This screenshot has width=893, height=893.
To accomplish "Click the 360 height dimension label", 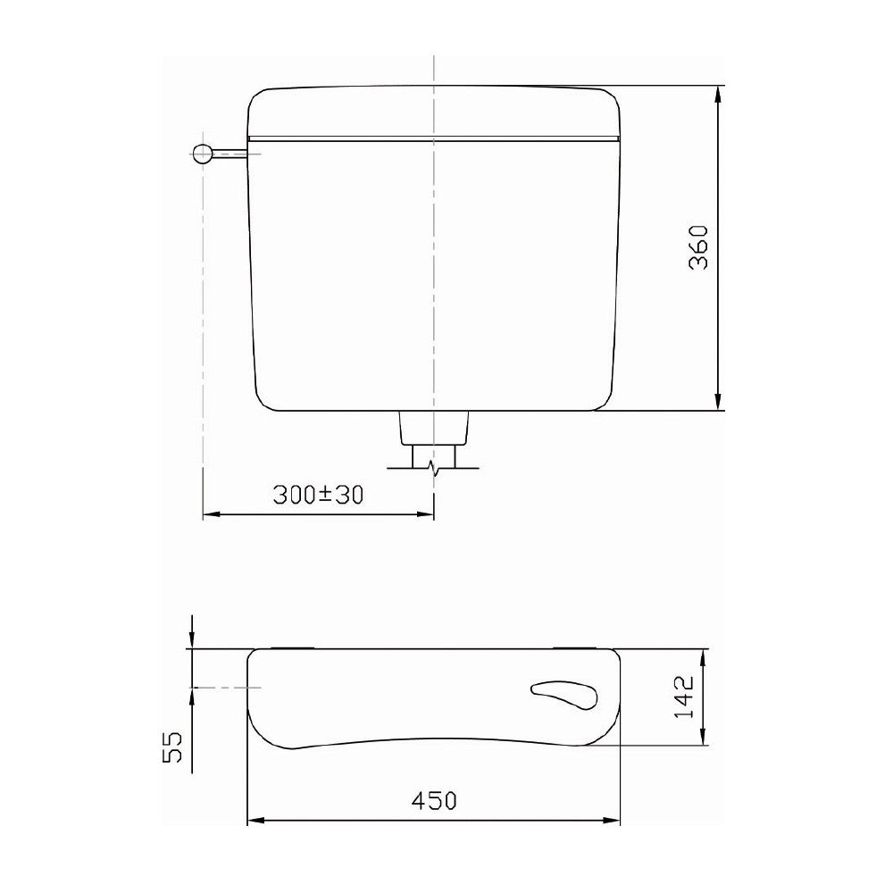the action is pyautogui.click(x=698, y=247).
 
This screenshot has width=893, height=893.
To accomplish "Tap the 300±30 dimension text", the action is pyautogui.click(x=318, y=495).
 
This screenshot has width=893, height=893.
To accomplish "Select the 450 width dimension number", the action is pyautogui.click(x=434, y=801).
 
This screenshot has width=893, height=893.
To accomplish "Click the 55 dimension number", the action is pyautogui.click(x=172, y=747).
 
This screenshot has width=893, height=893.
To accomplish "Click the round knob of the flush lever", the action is pyautogui.click(x=203, y=154).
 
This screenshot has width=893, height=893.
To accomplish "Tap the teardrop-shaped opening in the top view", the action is pyautogui.click(x=563, y=695).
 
